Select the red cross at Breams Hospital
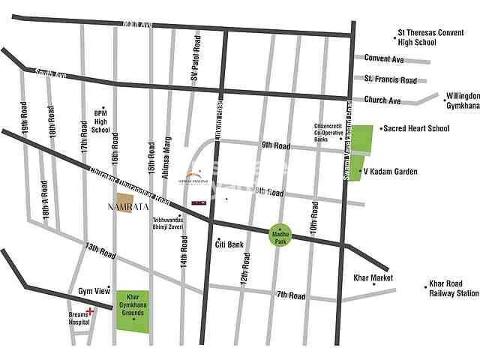click(90, 310)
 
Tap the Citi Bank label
click(229, 244)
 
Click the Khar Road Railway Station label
click(452, 289)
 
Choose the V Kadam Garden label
click(390, 172)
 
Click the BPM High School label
click(100, 119)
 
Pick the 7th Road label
click(291, 295)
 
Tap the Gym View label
click(94, 290)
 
